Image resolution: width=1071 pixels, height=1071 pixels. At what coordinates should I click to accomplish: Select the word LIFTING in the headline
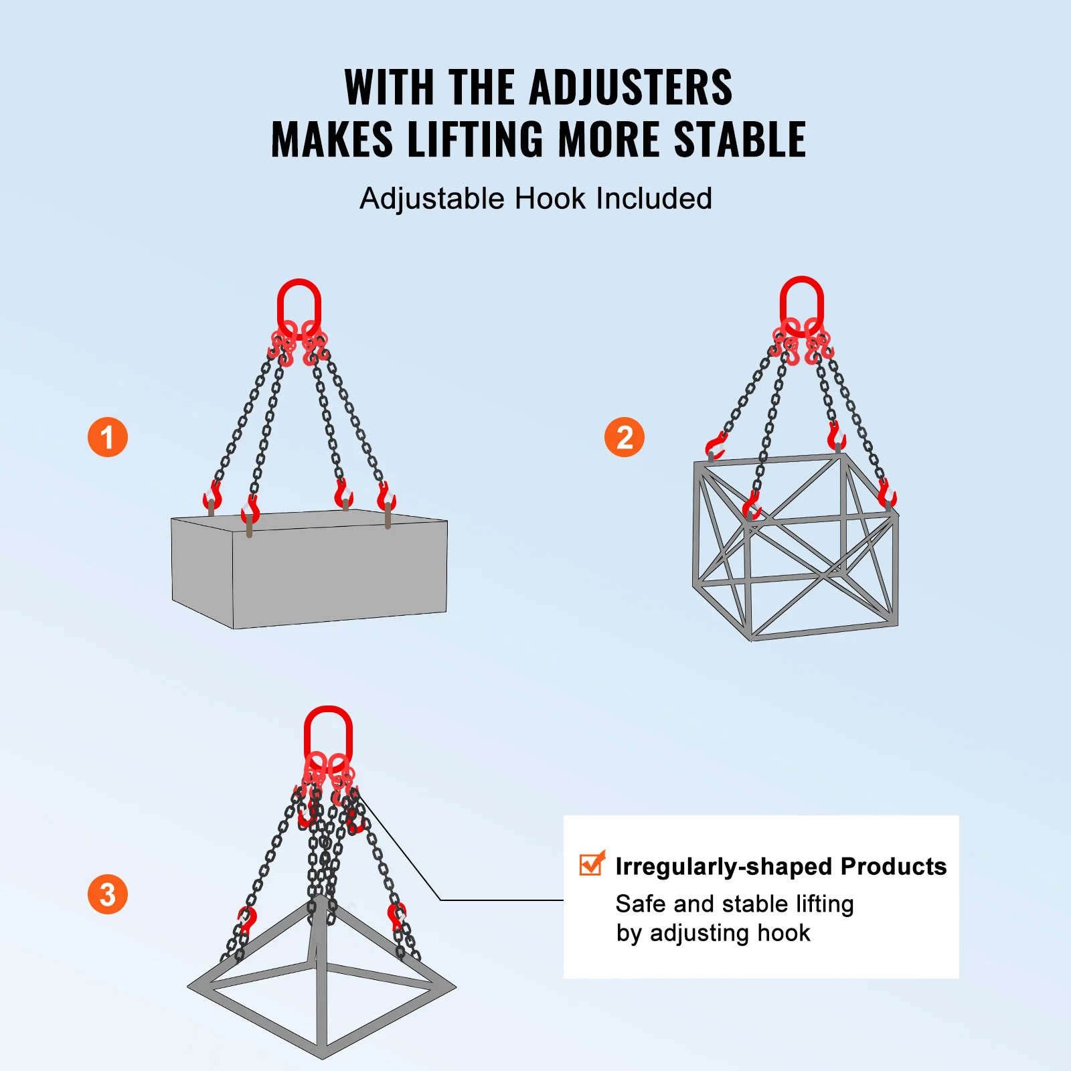(475, 140)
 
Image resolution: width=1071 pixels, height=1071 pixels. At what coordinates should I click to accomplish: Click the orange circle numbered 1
(108, 437)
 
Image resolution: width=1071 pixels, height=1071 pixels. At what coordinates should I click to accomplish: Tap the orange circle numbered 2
(624, 437)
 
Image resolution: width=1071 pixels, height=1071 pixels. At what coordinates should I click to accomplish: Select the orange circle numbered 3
(108, 894)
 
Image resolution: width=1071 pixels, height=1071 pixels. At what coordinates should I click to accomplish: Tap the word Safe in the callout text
(641, 904)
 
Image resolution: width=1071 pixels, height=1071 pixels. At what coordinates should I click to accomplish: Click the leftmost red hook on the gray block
(212, 496)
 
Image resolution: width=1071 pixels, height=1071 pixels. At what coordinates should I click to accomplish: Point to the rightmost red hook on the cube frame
(887, 495)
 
